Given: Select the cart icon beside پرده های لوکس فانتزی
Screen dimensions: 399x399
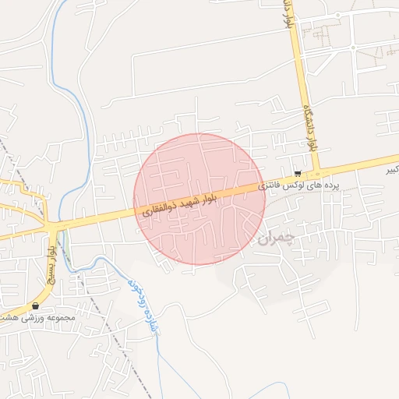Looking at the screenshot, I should click(297, 173).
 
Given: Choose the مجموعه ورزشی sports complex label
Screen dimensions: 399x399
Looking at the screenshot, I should click(39, 317).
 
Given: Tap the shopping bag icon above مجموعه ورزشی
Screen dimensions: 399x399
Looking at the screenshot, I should click(36, 305).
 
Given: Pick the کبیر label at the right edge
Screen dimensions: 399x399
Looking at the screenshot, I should click(391, 169).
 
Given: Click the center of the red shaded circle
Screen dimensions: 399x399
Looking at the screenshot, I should click(199, 199).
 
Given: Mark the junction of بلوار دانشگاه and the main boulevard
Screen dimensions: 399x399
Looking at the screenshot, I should click(317, 173).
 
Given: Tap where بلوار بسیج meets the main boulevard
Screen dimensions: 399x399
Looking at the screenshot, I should click(53, 226).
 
